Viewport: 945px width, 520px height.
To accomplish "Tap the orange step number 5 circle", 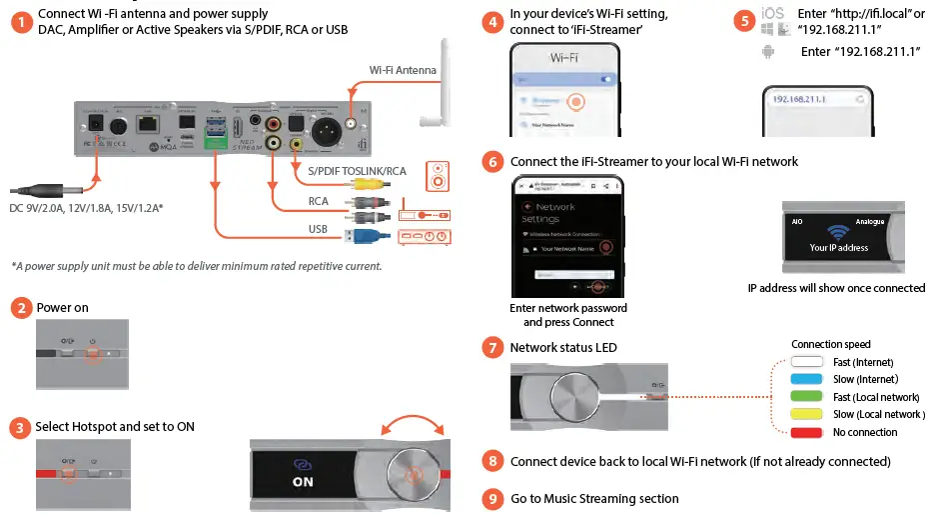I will [x=743, y=20].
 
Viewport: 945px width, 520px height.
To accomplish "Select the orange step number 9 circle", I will [x=491, y=498].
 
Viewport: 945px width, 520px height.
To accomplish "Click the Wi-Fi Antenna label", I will [x=403, y=70].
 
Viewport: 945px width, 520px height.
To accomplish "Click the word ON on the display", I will [x=303, y=482].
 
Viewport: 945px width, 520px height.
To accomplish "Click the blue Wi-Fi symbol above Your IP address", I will [x=838, y=230].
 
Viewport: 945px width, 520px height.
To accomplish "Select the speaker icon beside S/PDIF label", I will [x=437, y=178].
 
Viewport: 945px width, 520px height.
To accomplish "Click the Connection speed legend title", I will [x=830, y=345].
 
